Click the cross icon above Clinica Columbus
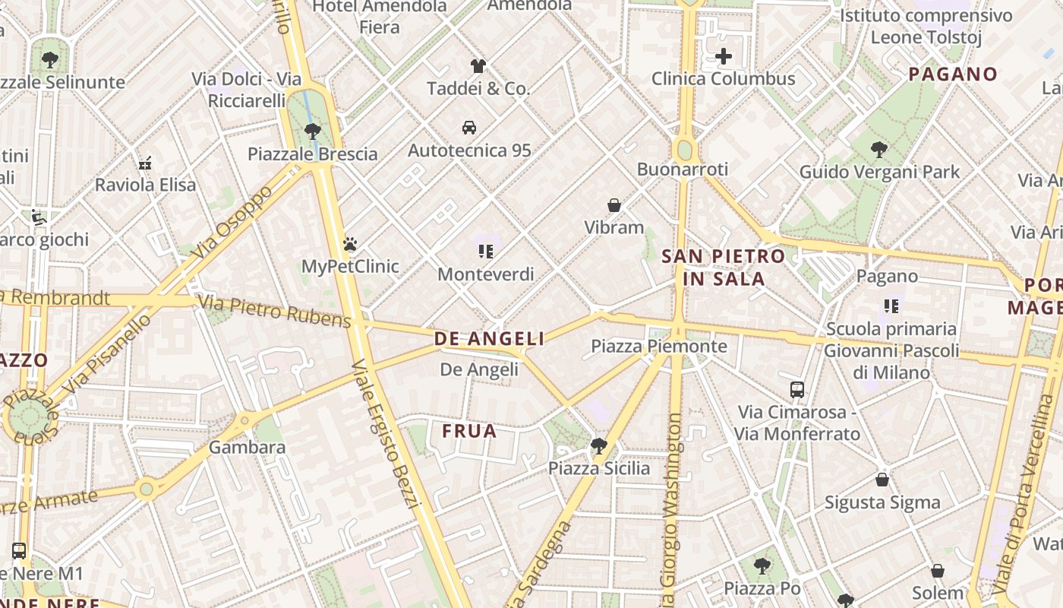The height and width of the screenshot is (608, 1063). [x=724, y=55]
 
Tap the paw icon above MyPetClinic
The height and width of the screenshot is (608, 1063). [x=350, y=244]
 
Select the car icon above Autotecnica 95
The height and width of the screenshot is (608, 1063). [x=469, y=127]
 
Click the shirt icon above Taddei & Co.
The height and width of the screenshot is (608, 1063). [x=478, y=66]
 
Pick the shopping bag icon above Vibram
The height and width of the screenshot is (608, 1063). [x=614, y=205]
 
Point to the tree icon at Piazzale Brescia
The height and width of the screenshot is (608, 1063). [x=312, y=131]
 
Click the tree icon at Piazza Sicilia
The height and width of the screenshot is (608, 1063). [x=599, y=446]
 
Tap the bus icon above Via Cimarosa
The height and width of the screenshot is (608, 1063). [x=797, y=390]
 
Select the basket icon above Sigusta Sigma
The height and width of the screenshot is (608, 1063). [x=882, y=480]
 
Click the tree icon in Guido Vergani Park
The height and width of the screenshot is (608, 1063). [x=879, y=150]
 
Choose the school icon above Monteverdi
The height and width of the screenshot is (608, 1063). [x=486, y=252]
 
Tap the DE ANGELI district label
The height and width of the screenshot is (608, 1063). [x=489, y=339]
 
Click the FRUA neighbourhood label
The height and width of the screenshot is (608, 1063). [x=469, y=432]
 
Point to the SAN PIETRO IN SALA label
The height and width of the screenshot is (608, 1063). [x=724, y=268]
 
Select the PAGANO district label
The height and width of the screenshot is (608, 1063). [x=952, y=74]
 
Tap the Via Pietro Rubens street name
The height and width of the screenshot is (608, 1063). [x=275, y=312]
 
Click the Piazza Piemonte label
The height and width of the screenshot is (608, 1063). [x=659, y=347]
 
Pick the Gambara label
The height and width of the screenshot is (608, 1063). [x=248, y=447]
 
